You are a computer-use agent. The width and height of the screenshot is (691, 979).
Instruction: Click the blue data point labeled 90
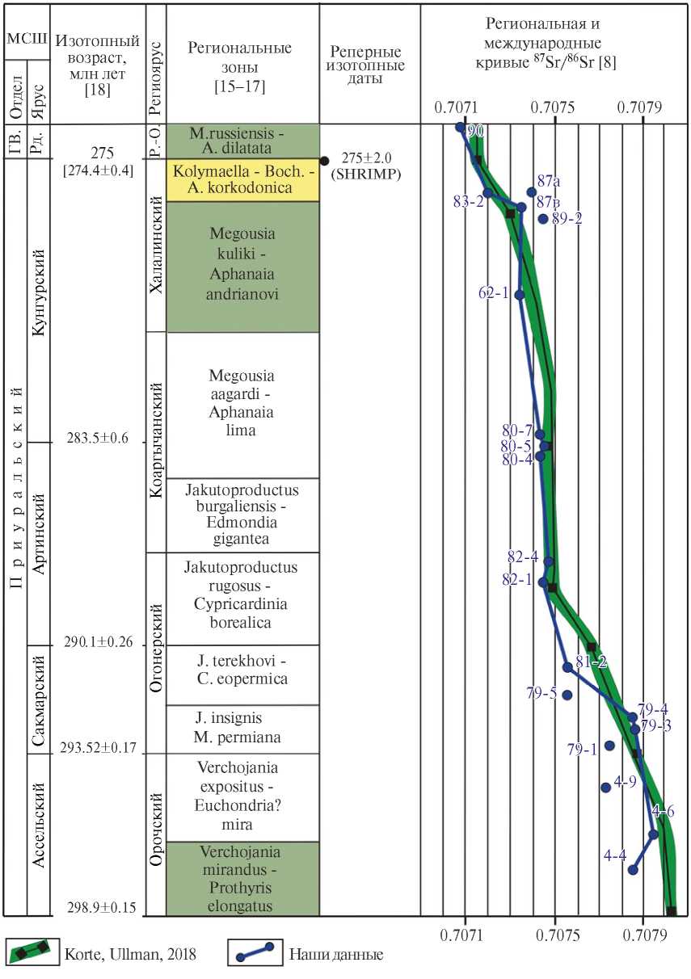pyautogui.click(x=461, y=127)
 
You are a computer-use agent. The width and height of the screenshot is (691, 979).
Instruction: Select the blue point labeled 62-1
pyautogui.click(x=520, y=295)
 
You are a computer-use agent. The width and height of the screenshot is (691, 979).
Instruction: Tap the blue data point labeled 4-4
pyautogui.click(x=633, y=870)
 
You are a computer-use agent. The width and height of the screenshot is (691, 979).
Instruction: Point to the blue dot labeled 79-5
pyautogui.click(x=567, y=695)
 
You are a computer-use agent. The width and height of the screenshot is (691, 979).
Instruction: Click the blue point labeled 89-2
pyautogui.click(x=543, y=218)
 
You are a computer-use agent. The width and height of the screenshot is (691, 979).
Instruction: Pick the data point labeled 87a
pyautogui.click(x=531, y=192)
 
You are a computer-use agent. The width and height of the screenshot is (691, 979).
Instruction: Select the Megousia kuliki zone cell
pyautogui.click(x=242, y=266)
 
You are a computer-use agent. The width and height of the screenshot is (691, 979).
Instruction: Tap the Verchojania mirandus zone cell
pyautogui.click(x=242, y=879)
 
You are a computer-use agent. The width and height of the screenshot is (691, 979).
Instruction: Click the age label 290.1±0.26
pyautogui.click(x=98, y=643)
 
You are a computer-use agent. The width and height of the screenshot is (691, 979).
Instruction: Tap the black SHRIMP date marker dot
pyautogui.click(x=325, y=161)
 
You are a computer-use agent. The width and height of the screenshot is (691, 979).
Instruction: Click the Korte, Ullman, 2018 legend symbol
pyautogui.click(x=32, y=954)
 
